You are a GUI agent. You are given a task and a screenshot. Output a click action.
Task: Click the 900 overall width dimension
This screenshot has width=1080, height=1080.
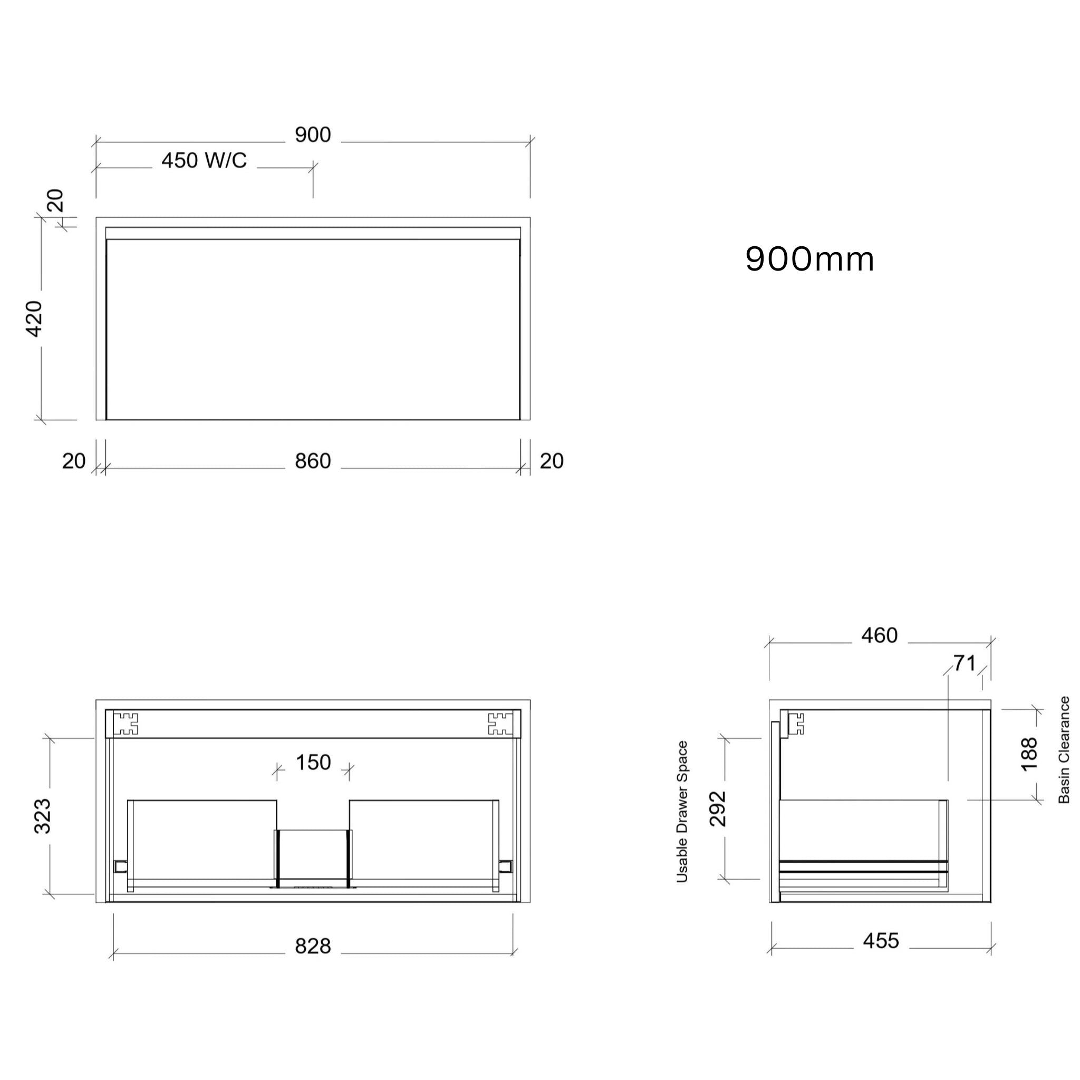click(313, 134)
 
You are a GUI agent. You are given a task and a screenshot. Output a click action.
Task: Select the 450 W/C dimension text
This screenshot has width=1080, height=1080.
click(204, 161)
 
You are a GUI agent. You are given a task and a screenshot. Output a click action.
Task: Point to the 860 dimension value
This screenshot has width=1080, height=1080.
click(313, 461)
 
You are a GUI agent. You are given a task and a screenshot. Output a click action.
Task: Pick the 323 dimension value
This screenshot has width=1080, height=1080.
click(43, 816)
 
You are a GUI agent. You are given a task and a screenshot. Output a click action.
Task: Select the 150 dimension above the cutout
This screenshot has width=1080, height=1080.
click(313, 763)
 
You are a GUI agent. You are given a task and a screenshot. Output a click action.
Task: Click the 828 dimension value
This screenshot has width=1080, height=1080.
click(313, 946)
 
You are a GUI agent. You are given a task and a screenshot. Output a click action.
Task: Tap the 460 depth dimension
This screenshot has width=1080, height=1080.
click(879, 635)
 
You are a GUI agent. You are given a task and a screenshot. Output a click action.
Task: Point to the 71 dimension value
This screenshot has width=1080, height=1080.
click(964, 663)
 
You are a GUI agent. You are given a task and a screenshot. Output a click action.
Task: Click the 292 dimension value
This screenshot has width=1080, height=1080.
click(717, 809)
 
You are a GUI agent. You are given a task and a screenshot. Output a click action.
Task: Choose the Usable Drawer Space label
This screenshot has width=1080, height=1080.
click(682, 812)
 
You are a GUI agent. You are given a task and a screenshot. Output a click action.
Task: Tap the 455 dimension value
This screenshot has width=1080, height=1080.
click(881, 941)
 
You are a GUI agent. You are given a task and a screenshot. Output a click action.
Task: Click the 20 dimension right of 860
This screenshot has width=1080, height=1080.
click(551, 461)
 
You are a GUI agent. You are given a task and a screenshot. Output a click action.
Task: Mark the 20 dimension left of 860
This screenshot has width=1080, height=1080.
click(74, 461)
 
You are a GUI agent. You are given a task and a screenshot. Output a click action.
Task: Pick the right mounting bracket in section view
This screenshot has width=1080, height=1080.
click(500, 724)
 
